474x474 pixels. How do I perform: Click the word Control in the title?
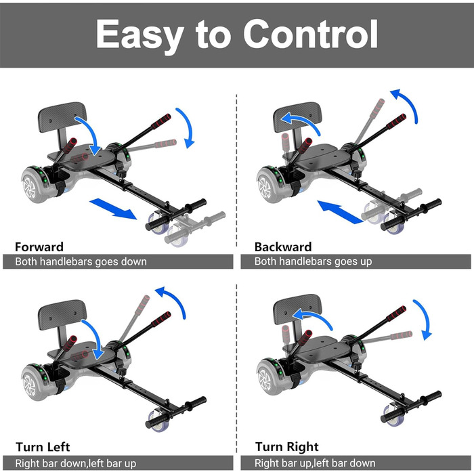coord(310,34)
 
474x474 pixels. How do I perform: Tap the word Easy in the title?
coord(140,37)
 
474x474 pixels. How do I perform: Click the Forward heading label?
coord(39,247)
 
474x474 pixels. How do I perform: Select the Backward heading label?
coord(283,247)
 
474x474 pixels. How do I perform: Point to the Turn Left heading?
coord(43,447)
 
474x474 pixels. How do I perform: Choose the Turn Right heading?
coord(287,446)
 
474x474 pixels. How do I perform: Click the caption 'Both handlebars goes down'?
coord(81,261)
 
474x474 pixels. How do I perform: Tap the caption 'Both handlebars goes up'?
coord(313,261)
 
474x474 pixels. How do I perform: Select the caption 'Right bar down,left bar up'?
coord(76,463)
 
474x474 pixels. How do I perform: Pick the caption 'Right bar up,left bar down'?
coord(315,463)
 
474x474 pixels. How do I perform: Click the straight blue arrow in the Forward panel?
coord(113,209)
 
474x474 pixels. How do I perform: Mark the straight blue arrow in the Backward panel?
coord(340,211)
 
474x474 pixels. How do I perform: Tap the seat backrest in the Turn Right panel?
coord(297,309)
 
